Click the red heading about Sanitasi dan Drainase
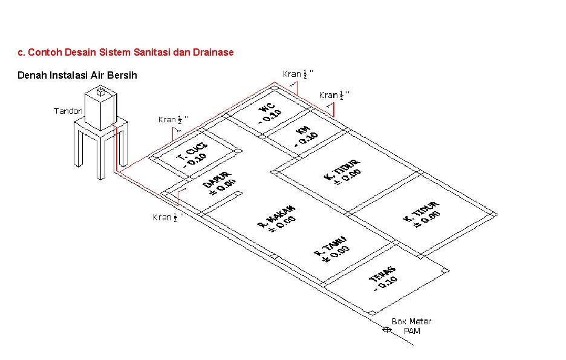[126, 53]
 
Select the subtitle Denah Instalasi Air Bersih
[77, 76]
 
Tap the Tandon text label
[68, 111]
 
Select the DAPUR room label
[218, 184]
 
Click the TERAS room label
[382, 278]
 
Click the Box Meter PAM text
[411, 326]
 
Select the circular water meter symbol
[386, 330]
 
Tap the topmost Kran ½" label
[298, 74]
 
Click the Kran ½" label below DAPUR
[168, 217]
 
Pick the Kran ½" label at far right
[334, 95]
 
